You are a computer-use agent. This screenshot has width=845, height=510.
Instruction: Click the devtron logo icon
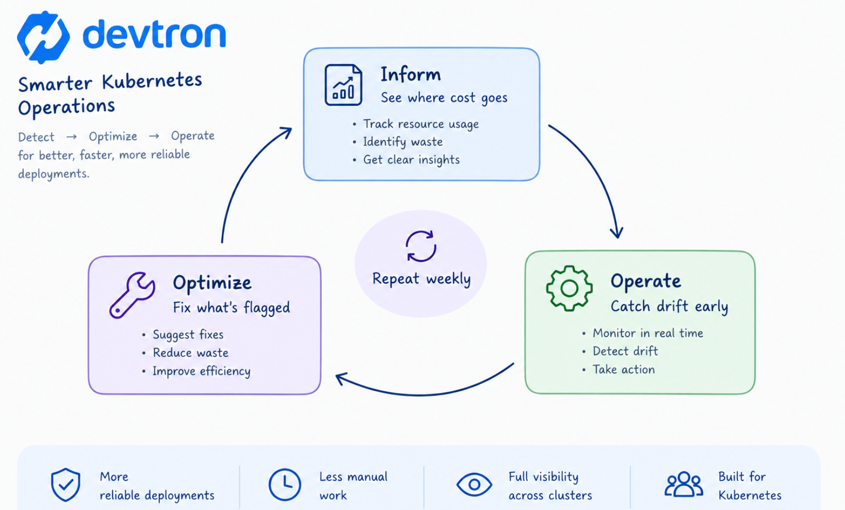point(43,37)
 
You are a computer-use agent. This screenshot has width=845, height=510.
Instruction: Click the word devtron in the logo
point(154,34)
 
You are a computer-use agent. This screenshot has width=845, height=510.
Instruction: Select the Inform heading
point(411,74)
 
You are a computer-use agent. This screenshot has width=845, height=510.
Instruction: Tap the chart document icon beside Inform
point(343,85)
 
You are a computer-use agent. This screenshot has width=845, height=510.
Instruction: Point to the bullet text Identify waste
point(402,142)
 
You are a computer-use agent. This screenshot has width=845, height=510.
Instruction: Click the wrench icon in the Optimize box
point(132,295)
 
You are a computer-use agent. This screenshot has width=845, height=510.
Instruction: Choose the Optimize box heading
point(212,282)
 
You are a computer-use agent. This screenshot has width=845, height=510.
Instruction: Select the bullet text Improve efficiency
point(201,371)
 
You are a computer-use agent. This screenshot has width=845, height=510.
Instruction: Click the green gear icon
point(569,289)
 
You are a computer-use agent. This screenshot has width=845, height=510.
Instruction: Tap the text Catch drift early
point(669,306)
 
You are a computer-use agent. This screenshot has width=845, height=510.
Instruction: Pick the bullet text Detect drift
point(625,351)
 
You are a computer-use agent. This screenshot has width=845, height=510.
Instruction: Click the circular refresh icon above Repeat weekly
point(421,246)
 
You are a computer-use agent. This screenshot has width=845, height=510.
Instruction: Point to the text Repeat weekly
point(421,279)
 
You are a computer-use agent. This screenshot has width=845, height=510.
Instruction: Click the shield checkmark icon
point(66,485)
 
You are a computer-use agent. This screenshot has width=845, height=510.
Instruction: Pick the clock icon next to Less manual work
point(285,485)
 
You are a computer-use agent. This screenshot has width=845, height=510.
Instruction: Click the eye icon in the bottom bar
point(474,484)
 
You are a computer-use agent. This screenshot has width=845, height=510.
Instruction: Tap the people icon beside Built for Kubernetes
point(684,484)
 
